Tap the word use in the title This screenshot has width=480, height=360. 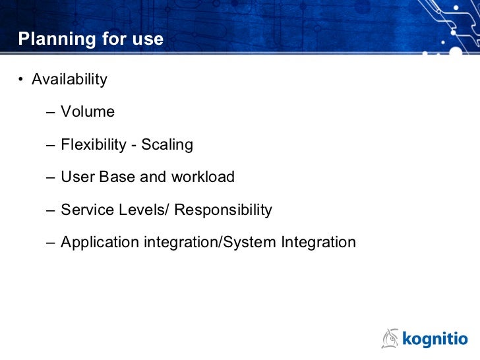(x=148, y=40)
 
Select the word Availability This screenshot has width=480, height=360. (x=69, y=80)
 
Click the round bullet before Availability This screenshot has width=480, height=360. (x=21, y=80)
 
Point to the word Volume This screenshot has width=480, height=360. (x=88, y=112)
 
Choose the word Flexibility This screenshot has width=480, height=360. (x=93, y=144)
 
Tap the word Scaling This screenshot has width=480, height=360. (x=167, y=144)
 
